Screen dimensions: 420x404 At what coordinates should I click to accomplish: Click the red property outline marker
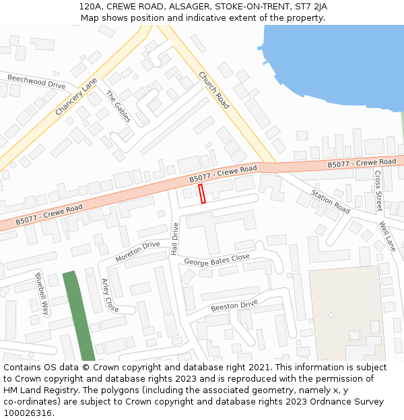pos(202,194)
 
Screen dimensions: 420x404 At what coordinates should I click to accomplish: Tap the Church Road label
pos(214,91)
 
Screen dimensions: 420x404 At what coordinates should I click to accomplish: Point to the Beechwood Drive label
pos(36,81)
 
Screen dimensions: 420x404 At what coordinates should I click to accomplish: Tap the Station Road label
pos(330,202)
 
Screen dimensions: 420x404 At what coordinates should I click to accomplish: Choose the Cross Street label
pos(378,191)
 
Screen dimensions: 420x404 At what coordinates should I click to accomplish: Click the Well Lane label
pos(387,236)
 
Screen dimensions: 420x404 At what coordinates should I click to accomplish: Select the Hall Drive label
pos(174,239)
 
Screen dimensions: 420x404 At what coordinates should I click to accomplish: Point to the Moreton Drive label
pos(137,251)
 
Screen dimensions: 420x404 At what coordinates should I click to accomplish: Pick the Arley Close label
pos(110,295)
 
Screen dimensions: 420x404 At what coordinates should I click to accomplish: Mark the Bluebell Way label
pos(42,294)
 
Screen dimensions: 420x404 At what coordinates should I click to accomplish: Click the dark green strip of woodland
pos(79,316)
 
